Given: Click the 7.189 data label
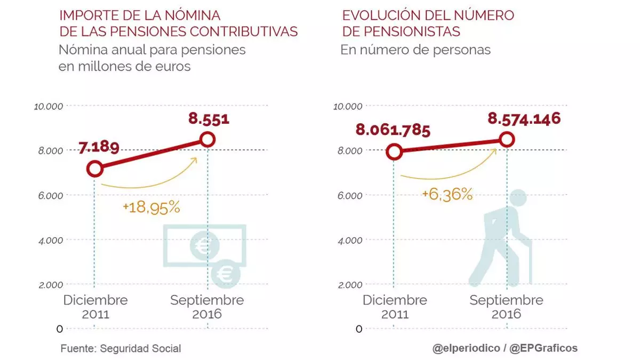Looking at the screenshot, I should click(x=99, y=148).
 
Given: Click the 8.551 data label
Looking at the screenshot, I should click(x=209, y=118).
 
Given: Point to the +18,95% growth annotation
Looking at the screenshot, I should click(x=151, y=207).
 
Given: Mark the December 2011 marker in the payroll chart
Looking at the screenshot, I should click(x=95, y=169).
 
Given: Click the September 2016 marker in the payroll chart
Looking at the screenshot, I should click(x=207, y=140).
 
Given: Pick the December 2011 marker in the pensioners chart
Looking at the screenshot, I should click(x=394, y=152).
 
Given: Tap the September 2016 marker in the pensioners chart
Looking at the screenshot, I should click(x=507, y=140).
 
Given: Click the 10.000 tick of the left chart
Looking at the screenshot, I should click(x=48, y=106).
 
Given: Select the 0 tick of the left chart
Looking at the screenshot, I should click(x=60, y=329).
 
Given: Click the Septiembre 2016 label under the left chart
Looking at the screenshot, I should click(x=207, y=307).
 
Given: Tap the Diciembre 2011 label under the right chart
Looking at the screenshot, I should click(x=395, y=307).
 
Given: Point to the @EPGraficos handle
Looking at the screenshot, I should click(x=543, y=348).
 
